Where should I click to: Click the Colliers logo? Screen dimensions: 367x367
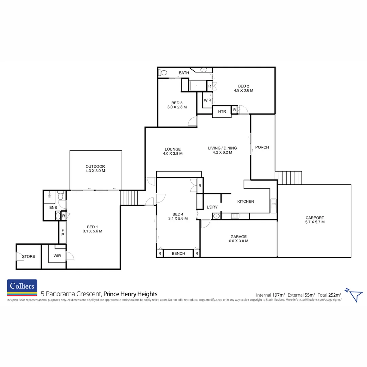22,287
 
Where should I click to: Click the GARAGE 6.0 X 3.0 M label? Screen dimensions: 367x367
238,239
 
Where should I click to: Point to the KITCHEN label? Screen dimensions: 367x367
245,202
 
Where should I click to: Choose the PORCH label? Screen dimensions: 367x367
262,147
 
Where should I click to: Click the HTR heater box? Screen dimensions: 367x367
222,111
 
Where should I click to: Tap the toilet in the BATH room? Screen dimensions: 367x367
163,72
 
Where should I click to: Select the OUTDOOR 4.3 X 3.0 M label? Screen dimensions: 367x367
95,169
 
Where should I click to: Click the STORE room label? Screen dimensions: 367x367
29,257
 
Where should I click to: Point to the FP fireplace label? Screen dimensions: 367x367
63,232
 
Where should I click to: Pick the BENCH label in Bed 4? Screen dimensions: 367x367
178,254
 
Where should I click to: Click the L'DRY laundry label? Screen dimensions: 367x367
212,207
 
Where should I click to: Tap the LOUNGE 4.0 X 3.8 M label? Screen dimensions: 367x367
173,151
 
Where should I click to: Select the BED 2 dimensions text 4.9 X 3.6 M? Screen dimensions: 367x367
244,91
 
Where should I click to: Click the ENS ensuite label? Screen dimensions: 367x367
53,207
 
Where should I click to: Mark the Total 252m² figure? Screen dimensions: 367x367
330,295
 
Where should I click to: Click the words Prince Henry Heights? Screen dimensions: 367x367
130,294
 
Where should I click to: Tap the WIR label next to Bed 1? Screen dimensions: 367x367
57,256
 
